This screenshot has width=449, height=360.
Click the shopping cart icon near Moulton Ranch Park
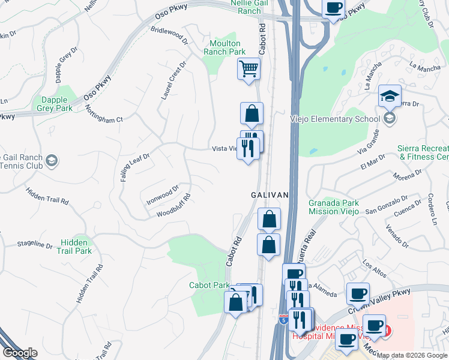click(249, 68)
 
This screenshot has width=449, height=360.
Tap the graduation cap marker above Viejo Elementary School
click(390, 96)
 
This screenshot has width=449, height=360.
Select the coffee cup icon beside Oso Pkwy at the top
click(333, 8)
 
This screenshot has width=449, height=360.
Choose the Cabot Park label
click(209, 286)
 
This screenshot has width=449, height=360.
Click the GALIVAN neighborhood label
click(270, 196)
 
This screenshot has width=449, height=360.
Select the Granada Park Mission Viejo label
click(333, 207)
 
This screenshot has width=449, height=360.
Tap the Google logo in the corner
click(19, 353)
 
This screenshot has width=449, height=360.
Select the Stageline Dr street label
click(35, 245)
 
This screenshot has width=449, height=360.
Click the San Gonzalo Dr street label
click(387, 205)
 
